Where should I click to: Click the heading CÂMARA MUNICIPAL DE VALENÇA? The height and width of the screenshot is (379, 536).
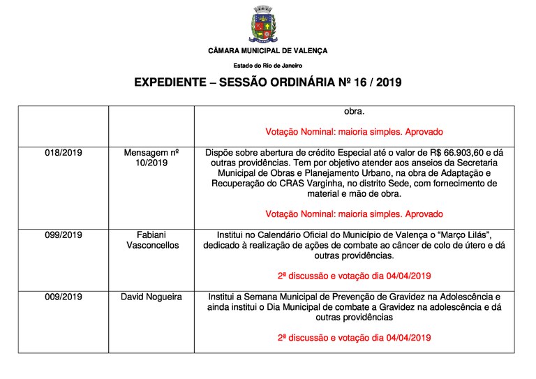267,51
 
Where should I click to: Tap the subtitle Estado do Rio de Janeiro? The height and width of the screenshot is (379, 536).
267,65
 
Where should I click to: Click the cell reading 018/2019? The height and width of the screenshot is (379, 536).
63,152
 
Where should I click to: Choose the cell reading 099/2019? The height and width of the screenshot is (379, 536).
63,235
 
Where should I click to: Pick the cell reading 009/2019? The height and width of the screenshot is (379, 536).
63,297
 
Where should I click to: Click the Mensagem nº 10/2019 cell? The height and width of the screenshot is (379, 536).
151,158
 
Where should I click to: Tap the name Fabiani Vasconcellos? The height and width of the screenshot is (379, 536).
151,240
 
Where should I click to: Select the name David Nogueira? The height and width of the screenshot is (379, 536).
151,297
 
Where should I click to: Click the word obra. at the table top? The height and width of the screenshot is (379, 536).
354,110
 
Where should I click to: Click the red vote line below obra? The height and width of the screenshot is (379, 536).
354,131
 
